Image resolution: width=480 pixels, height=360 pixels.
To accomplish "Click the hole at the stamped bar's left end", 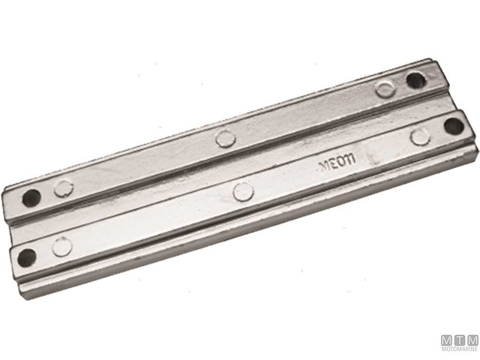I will coord(26,257).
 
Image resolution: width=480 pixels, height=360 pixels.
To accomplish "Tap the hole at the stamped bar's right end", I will coord(452,125).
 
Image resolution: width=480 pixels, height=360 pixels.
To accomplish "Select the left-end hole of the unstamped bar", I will coord(31,199).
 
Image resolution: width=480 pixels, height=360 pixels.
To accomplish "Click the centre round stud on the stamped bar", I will coord(243,192).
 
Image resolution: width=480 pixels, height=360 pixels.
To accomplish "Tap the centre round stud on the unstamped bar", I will coord(224,137).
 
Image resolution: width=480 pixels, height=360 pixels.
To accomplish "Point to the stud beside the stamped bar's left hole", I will coord(62,246).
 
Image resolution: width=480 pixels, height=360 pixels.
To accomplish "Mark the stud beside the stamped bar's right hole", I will coord(420,136).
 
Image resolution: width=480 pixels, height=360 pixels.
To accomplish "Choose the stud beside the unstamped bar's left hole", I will coord(64,188).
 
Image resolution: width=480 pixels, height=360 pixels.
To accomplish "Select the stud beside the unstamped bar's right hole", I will coord(385,89).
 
